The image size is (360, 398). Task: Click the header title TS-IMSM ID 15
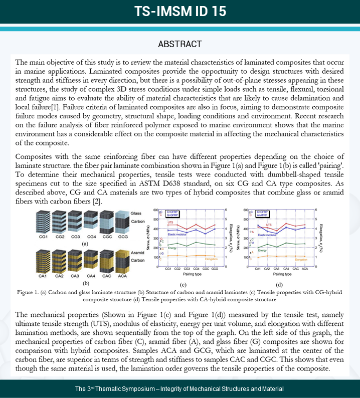(180, 12)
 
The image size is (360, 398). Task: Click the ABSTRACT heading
(180, 44)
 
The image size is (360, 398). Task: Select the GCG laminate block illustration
(123, 220)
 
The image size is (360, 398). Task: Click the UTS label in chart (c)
(185, 224)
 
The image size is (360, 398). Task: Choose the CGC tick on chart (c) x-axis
(207, 269)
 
